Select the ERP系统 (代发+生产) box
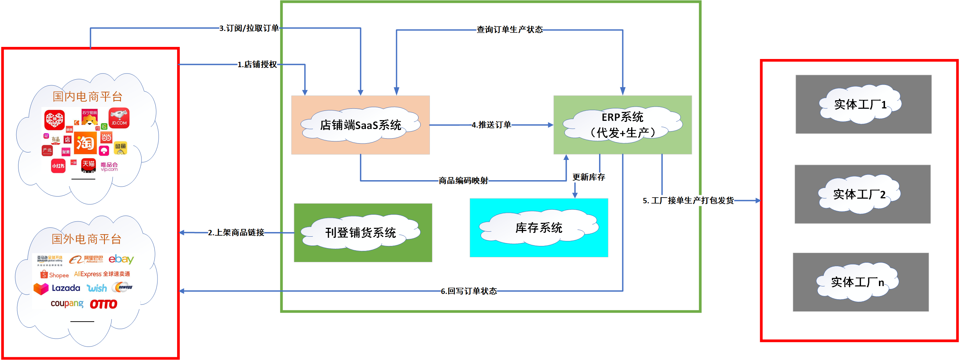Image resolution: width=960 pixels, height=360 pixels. click(622, 125)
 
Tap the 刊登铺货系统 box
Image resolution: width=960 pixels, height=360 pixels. click(363, 232)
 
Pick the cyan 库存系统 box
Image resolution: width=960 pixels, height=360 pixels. click(539, 228)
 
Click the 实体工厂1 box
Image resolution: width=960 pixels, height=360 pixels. click(863, 104)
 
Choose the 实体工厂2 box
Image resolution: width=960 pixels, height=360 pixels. click(862, 194)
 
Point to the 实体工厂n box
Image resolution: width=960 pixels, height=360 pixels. click(860, 282)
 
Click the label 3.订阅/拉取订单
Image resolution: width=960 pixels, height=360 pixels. click(249, 28)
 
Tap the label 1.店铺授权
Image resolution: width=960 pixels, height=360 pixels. click(257, 64)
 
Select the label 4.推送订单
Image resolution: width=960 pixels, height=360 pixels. click(491, 125)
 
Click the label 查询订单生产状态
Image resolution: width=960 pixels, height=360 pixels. click(510, 30)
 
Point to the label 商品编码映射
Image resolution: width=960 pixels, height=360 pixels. click(463, 181)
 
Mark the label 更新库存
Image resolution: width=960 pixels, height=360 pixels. click(588, 177)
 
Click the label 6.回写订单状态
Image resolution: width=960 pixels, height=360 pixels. click(469, 291)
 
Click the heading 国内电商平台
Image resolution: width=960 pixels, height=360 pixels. click(87, 97)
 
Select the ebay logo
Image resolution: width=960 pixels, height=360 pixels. click(121, 259)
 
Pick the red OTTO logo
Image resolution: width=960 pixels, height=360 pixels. click(103, 305)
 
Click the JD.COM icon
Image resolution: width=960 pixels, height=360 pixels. click(119, 118)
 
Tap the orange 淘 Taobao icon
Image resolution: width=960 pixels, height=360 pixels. click(85, 143)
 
